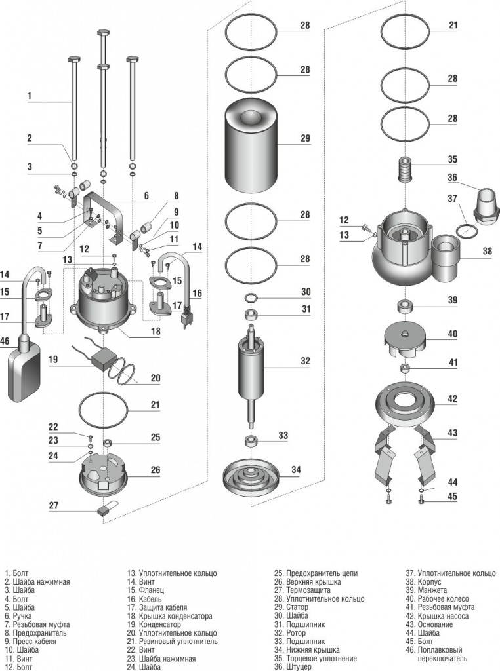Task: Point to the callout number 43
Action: tap(452, 432)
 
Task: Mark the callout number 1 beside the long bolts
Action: tap(30, 96)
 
